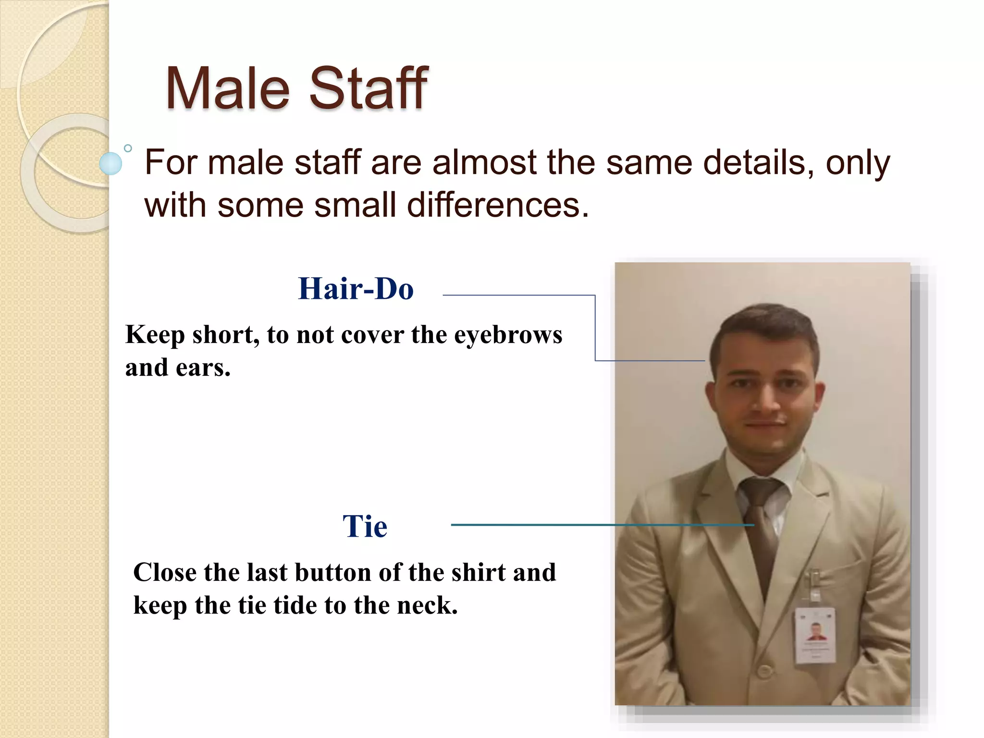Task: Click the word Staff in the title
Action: [x=368, y=89]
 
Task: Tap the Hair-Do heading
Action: [x=356, y=289]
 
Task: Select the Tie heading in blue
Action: [x=365, y=526]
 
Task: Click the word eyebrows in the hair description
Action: [x=508, y=335]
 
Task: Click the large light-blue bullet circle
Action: [x=111, y=163]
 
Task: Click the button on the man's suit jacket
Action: [x=763, y=672]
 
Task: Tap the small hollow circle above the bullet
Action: [x=128, y=148]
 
